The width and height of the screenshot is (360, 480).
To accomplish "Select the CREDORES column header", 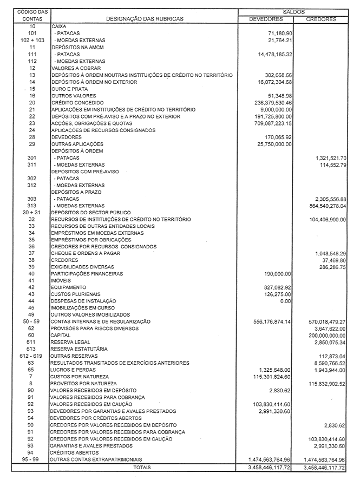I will point(321,19).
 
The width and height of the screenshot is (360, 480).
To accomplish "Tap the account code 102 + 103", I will point(32,41).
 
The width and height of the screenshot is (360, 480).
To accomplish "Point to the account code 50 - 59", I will point(32,321).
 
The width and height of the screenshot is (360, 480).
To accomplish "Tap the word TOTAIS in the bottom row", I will point(142,466).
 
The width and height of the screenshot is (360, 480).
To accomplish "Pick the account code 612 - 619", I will point(32,356).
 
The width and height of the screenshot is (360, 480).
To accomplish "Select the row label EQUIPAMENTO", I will point(68,287).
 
